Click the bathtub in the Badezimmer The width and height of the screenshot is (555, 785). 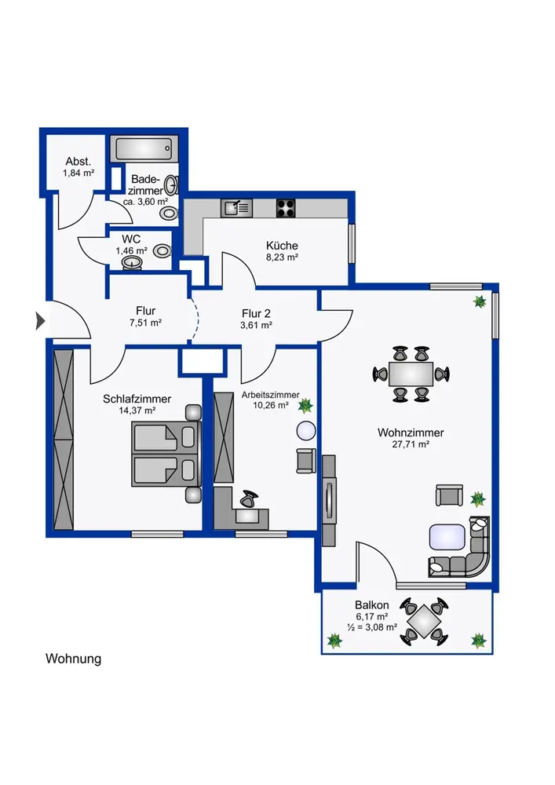pos(144,148)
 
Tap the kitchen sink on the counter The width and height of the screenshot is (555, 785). pos(237,208)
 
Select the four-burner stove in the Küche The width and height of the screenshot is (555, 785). pos(286,208)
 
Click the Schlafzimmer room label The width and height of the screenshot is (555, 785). pos(137,399)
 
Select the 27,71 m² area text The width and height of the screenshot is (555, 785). pos(411,444)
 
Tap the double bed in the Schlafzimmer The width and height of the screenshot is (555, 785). pos(166,454)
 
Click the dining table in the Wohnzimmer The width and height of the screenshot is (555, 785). pos(411,374)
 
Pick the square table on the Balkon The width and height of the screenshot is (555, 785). pos(424,621)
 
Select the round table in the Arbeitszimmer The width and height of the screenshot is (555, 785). pos(306,430)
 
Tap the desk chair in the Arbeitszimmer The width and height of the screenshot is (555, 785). pos(248,498)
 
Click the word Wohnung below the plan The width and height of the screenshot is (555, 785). pos(74,659)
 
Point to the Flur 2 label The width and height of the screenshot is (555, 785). pos(256,313)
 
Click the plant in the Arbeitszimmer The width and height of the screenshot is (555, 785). pos(305,405)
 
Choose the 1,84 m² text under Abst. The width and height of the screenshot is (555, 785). pos(79,173)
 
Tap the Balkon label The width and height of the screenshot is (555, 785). pos(372,604)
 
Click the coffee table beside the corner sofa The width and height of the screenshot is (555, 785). pos(447,537)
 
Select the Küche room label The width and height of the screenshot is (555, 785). pos(282,245)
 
